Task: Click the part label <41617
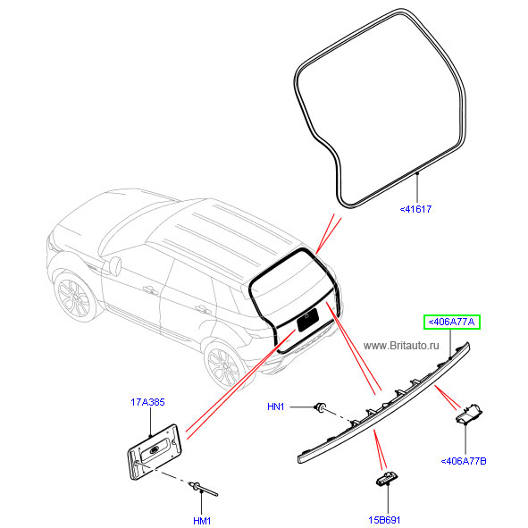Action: click(415, 209)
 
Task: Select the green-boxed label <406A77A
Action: click(451, 322)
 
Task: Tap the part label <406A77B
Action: click(464, 461)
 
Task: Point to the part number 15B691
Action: click(384, 520)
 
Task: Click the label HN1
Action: click(276, 406)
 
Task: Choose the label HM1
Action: click(202, 521)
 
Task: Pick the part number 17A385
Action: click(147, 402)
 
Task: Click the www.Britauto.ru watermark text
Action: click(401, 346)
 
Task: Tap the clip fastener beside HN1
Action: click(320, 407)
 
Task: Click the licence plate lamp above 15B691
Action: click(387, 479)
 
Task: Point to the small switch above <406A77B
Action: click(469, 414)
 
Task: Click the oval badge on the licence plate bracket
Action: click(155, 450)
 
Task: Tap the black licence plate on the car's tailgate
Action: click(307, 320)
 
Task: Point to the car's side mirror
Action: click(115, 266)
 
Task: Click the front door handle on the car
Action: click(150, 289)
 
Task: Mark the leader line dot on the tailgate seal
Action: click(417, 173)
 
